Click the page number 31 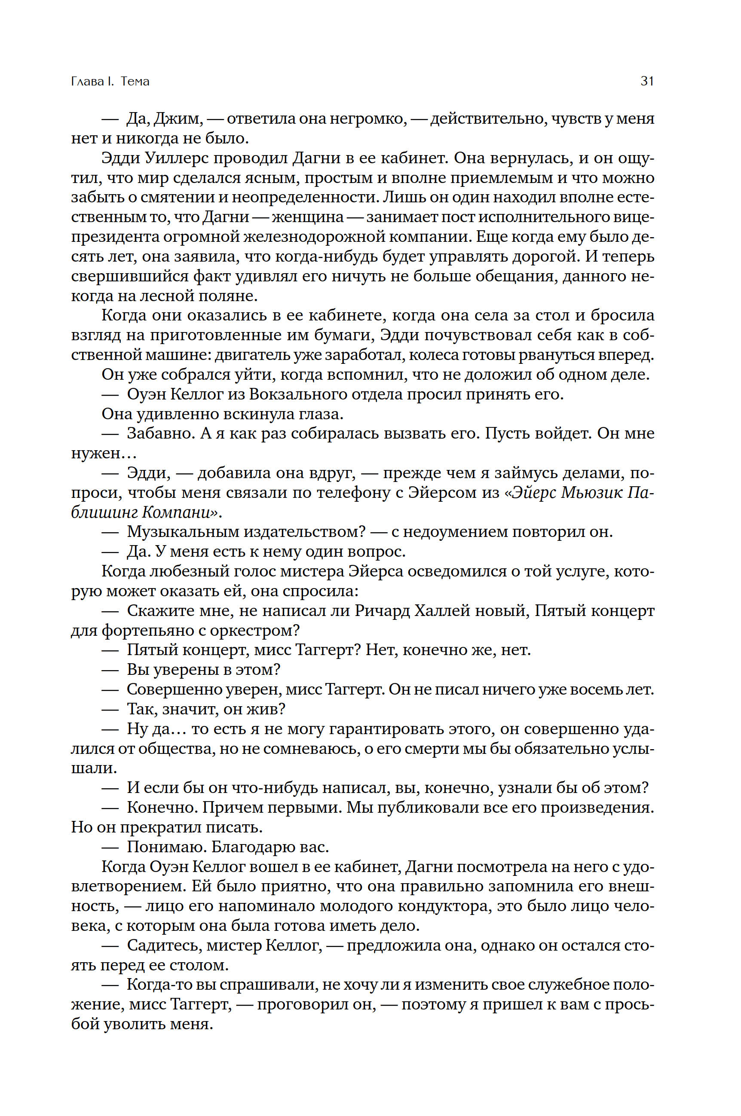coord(646,81)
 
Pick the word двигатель coord(252,355)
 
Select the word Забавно coord(161,433)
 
